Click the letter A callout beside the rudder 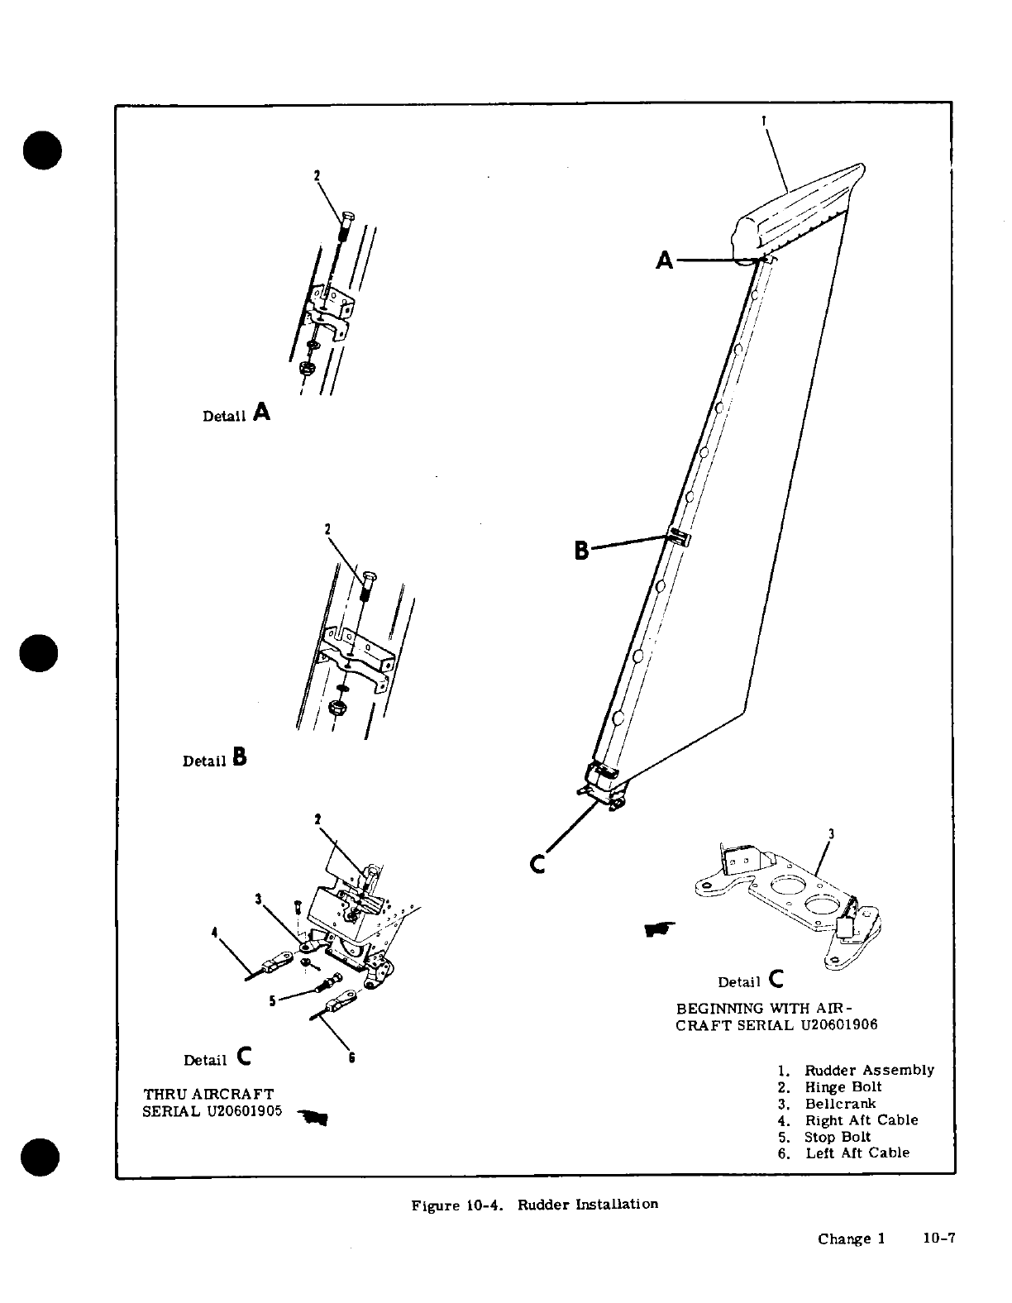coord(665,261)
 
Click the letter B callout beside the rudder coord(582,550)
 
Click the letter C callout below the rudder coord(537,864)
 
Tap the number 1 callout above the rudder coord(764,120)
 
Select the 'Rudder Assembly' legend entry coord(869,1071)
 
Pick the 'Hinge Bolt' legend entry coord(843,1087)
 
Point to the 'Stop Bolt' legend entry coord(838,1137)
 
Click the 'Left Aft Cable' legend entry coord(857,1153)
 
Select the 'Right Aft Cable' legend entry coord(862,1120)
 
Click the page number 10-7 coord(938,1239)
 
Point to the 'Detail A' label coord(236,413)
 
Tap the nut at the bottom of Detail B coord(337,708)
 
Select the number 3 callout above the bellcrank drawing coord(830,834)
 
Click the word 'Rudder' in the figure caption coord(542,1205)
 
